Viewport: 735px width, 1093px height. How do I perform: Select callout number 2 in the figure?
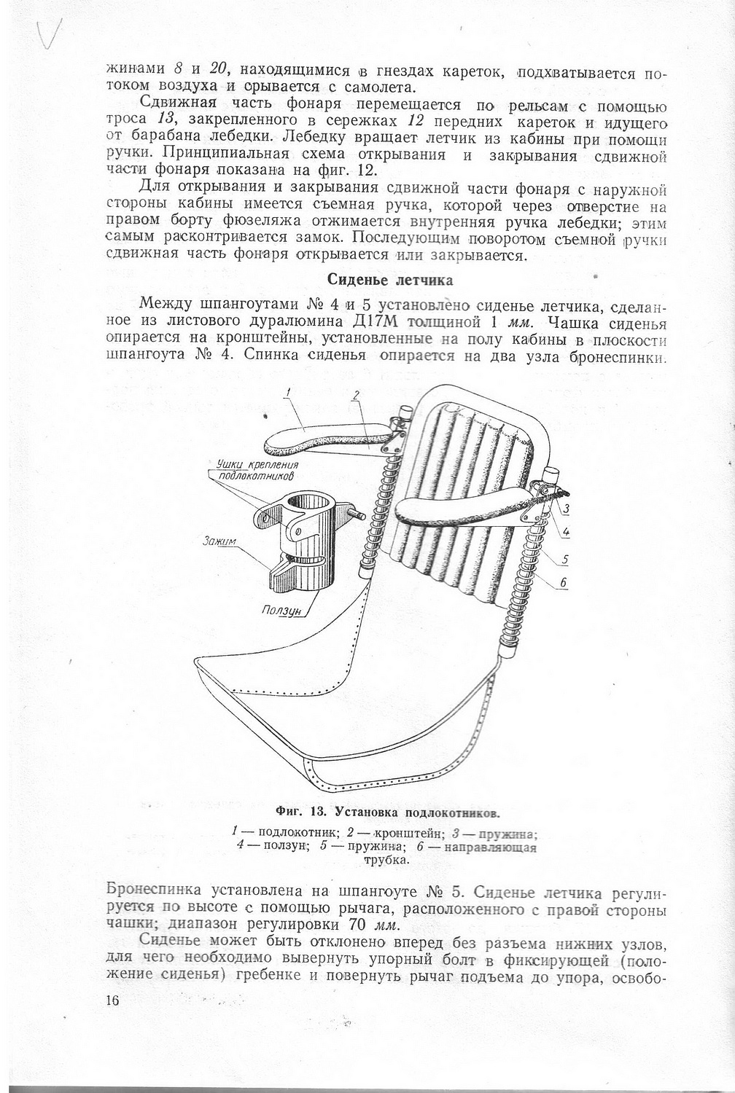click(355, 396)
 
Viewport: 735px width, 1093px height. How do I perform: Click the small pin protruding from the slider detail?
click(360, 515)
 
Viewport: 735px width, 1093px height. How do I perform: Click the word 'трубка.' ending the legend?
click(386, 860)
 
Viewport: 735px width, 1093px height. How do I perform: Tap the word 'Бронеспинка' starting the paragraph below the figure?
click(154, 892)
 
